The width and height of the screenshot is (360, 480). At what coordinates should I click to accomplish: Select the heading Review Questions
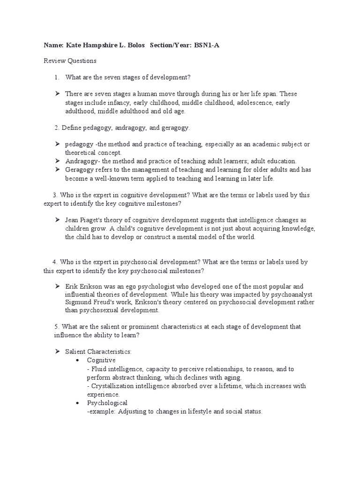coord(70,61)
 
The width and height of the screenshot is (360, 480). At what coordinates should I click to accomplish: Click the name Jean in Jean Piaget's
coord(73,220)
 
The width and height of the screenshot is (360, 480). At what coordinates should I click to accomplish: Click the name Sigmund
coord(79,302)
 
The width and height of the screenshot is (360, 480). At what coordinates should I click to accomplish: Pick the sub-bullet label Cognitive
coord(101,360)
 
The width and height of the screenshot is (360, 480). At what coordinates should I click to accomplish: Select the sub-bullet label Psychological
coord(107,403)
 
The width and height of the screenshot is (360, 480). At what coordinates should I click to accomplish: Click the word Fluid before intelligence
coord(97,369)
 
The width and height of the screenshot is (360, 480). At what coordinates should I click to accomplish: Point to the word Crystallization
coord(112,386)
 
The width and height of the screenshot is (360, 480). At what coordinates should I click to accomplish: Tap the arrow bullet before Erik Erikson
coord(57,286)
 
